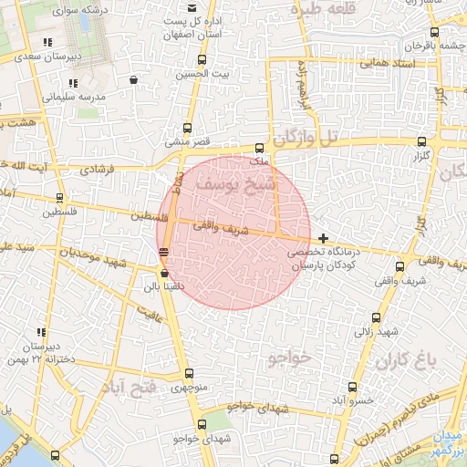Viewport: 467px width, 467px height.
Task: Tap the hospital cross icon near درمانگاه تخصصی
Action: point(323,237)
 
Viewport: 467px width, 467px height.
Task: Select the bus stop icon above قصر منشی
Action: point(188,129)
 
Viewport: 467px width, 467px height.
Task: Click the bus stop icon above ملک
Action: point(260,147)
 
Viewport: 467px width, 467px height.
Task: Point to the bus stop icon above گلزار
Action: point(420,141)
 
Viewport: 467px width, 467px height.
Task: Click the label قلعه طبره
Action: point(320,9)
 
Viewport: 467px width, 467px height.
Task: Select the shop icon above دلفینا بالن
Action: point(164,273)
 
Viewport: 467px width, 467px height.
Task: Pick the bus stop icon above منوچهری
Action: point(189,373)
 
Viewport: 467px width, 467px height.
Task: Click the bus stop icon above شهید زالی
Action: point(376,317)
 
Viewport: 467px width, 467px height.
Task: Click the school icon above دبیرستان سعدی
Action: point(47,42)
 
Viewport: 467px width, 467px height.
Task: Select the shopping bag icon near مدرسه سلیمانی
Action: point(135,80)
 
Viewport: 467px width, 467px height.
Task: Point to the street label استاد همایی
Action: point(387,64)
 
